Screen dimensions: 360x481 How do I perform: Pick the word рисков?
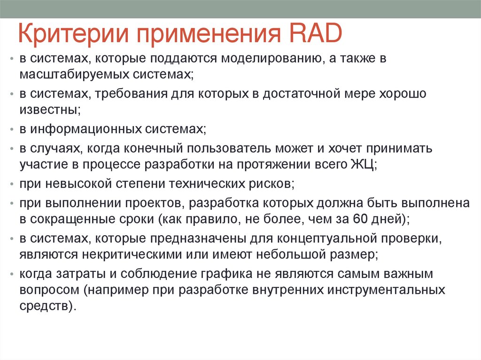pos(272,184)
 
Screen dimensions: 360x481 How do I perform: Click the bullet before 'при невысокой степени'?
pos(11,184)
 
